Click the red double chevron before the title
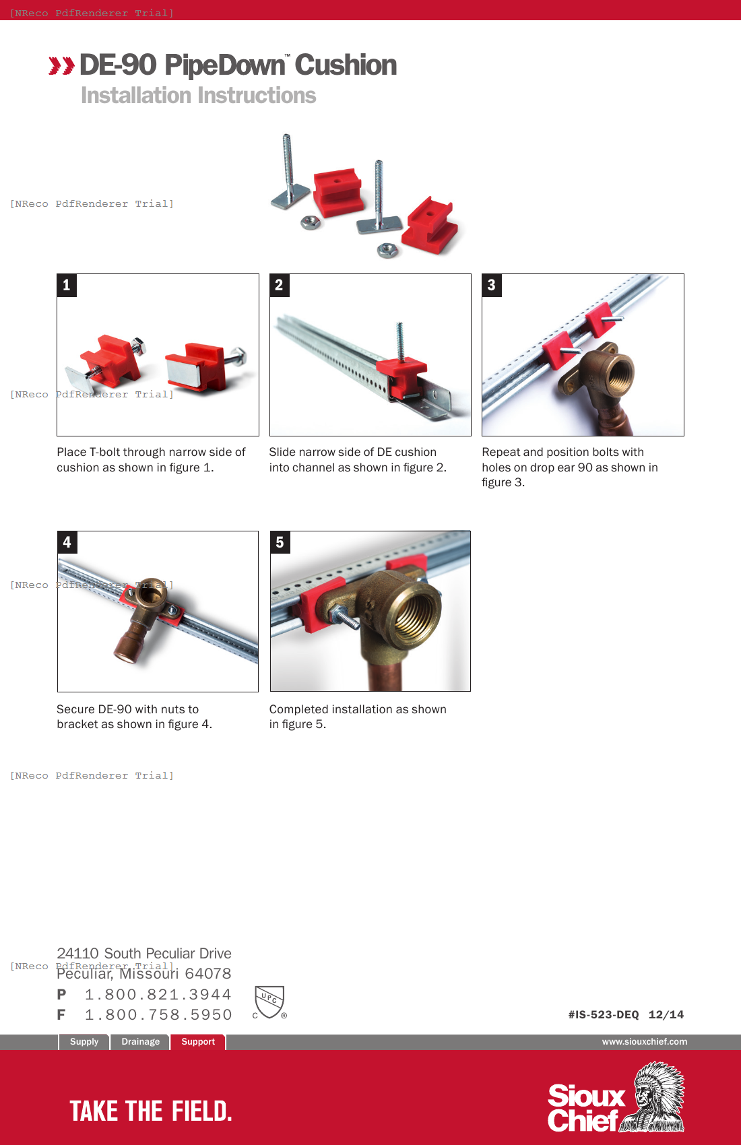(x=61, y=66)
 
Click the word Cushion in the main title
(x=346, y=65)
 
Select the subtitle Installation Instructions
(x=198, y=96)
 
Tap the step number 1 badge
(x=67, y=285)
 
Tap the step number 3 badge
(x=492, y=285)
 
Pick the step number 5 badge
(x=280, y=542)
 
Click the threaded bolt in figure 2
(x=401, y=341)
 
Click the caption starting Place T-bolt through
(x=151, y=459)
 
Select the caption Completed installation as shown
(x=357, y=717)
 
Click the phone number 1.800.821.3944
(x=158, y=994)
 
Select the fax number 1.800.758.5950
(x=158, y=1014)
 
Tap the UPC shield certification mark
(x=269, y=1001)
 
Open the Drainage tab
(x=140, y=1041)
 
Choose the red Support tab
(x=197, y=1041)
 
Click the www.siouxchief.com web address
(x=644, y=1041)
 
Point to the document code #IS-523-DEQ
(x=604, y=1014)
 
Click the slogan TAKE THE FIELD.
(x=151, y=1111)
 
